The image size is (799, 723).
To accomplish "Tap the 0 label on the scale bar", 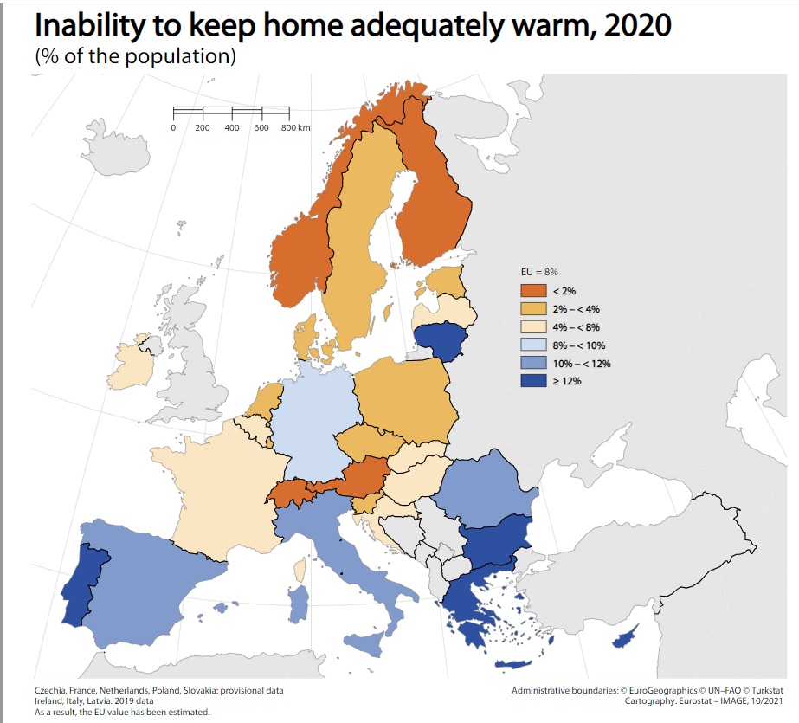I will pyautogui.click(x=173, y=127).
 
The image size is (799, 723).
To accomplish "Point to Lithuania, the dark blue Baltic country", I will pyautogui.click(x=440, y=339).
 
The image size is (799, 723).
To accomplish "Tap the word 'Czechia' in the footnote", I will pyautogui.click(x=50, y=690).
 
